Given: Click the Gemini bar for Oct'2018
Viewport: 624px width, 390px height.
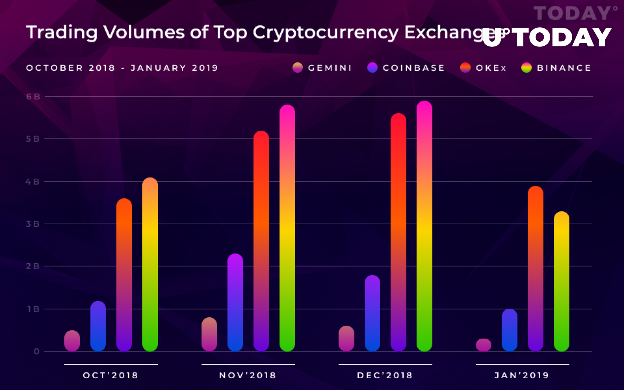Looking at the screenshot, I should click(x=72, y=341).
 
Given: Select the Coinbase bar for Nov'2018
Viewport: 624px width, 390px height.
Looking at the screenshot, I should click(x=235, y=302).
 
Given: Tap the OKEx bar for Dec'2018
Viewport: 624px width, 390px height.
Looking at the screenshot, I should click(x=398, y=232).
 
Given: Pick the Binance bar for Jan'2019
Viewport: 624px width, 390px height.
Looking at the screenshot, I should click(x=561, y=281).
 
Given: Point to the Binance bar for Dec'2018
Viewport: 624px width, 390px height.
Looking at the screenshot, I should click(x=424, y=226).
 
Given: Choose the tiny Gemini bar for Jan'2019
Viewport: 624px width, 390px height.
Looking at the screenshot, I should click(x=484, y=345).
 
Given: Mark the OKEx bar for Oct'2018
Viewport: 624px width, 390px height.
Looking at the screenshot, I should click(x=124, y=275).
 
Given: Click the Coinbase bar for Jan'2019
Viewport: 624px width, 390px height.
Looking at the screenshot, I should click(x=509, y=330).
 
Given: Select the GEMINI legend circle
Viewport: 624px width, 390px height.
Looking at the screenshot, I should click(x=298, y=68).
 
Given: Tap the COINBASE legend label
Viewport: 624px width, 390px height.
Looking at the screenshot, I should click(x=413, y=68).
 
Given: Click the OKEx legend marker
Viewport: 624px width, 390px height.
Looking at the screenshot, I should click(x=465, y=68).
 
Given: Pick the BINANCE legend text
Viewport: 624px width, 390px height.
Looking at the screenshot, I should click(x=564, y=68).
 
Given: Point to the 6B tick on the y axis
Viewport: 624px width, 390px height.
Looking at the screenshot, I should click(x=33, y=97).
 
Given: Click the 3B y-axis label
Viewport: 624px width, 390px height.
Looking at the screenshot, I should click(x=33, y=224).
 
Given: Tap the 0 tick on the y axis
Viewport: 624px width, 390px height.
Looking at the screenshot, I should click(x=37, y=351).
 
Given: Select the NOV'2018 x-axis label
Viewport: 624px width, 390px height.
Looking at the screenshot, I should click(x=248, y=376).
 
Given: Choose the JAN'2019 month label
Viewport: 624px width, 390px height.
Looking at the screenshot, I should click(x=522, y=376).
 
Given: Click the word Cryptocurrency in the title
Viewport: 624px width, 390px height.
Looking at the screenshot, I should click(x=325, y=33).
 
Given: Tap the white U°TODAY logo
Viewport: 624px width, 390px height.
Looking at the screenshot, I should click(x=547, y=37).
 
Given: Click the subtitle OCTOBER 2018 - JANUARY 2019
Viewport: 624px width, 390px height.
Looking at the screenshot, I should click(x=122, y=68).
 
